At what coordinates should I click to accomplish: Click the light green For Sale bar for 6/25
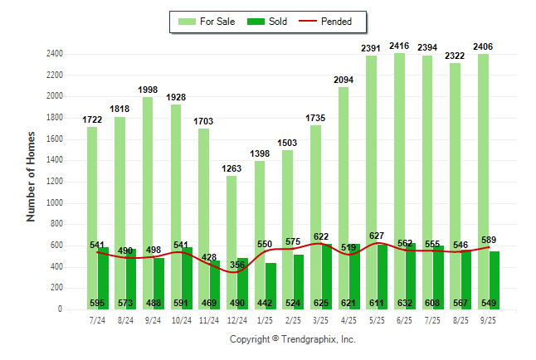(x=400, y=166)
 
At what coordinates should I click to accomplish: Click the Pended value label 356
(x=238, y=265)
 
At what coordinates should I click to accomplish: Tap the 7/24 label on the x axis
(x=97, y=319)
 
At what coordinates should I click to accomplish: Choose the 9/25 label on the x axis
(x=488, y=319)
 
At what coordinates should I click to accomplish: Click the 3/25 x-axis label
(x=320, y=319)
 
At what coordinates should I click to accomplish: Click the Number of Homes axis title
(x=32, y=176)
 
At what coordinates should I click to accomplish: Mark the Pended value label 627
(x=376, y=236)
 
